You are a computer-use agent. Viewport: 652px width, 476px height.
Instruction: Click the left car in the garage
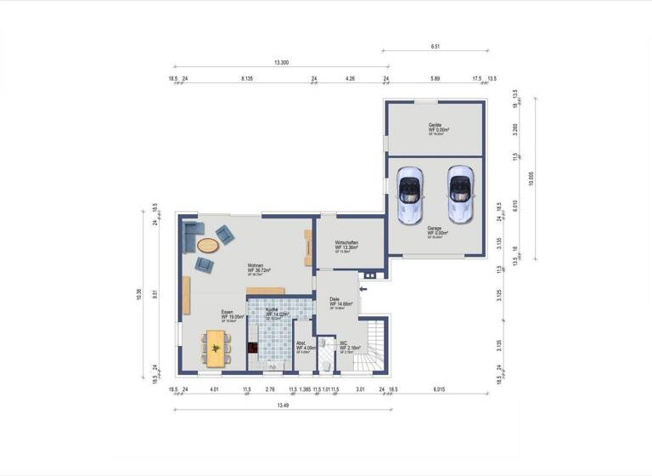point(409,195)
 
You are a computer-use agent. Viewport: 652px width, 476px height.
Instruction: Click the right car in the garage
point(460,195)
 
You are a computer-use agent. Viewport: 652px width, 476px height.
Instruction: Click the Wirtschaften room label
point(346,245)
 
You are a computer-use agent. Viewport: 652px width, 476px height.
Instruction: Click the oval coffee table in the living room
point(207,246)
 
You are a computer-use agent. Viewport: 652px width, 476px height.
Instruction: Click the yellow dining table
point(216,348)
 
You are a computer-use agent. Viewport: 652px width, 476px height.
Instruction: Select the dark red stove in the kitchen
point(252,348)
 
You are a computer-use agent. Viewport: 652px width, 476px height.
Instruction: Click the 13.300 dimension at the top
point(281,63)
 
